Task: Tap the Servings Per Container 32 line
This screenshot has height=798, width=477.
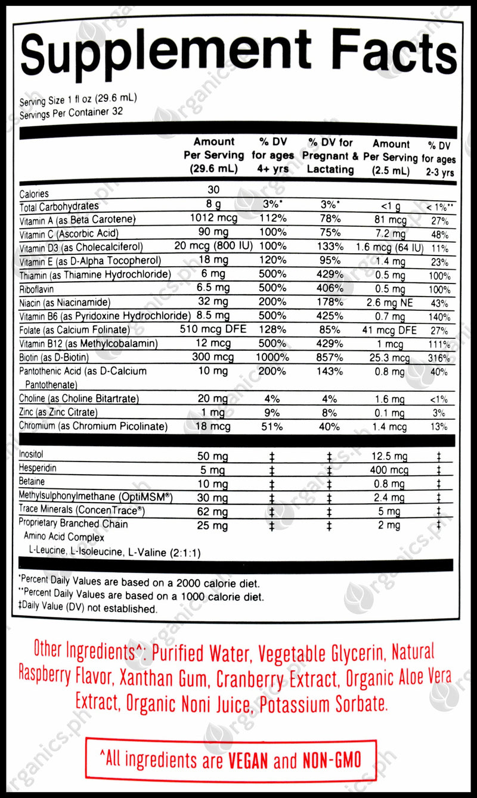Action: click(71, 112)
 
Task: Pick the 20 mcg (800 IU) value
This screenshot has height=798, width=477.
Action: click(213, 247)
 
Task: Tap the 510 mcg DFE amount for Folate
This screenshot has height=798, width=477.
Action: click(213, 329)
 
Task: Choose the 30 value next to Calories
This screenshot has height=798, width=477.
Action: click(213, 190)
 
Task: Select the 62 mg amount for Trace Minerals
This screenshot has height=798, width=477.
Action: click(213, 511)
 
